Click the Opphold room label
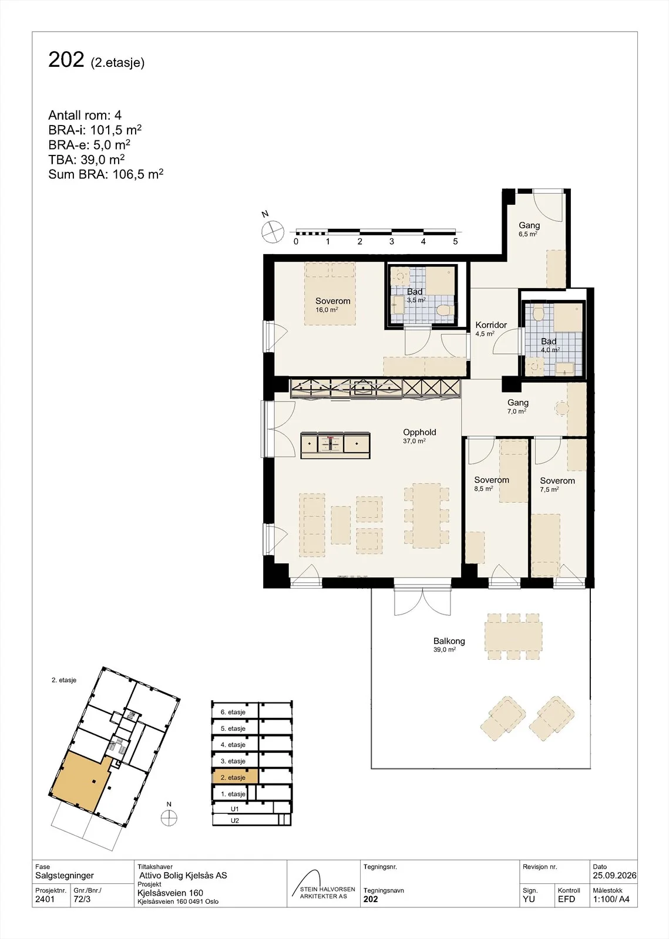coord(419,432)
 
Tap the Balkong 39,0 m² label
coord(449,645)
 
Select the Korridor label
coord(491,325)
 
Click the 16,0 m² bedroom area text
coord(327,310)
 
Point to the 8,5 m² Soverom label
coord(492,484)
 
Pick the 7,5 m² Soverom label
coord(557,485)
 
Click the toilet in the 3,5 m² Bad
coord(443,310)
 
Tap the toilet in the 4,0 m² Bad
coord(537,313)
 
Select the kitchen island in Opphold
coord(335,445)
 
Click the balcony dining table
coord(513,637)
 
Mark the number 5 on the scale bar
coord(455,241)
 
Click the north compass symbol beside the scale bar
coord(273,232)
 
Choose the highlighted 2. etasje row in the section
coord(235,777)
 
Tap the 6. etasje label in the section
coord(233,712)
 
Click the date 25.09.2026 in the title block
coord(614,875)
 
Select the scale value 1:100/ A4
coord(611,899)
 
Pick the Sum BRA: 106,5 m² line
coord(106,174)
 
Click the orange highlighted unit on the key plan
coord(80,780)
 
